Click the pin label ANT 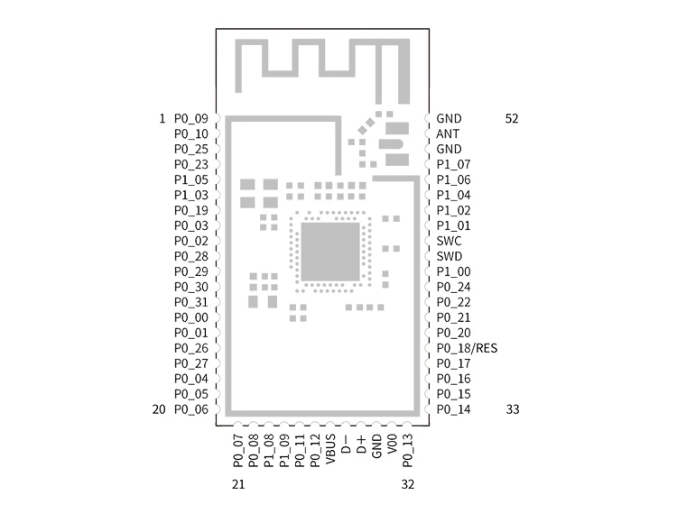pos(447,133)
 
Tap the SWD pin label pos(449,256)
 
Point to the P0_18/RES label pos(466,348)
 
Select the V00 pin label pos(392,446)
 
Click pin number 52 pos(512,118)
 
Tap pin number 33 pos(512,409)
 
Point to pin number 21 pos(238,484)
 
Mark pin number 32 pos(407,484)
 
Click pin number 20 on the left pos(159,409)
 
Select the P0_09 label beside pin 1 pos(190,118)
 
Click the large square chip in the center pos(329,252)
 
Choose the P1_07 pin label pos(453,164)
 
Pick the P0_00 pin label pos(190,317)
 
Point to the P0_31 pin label pos(190,302)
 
